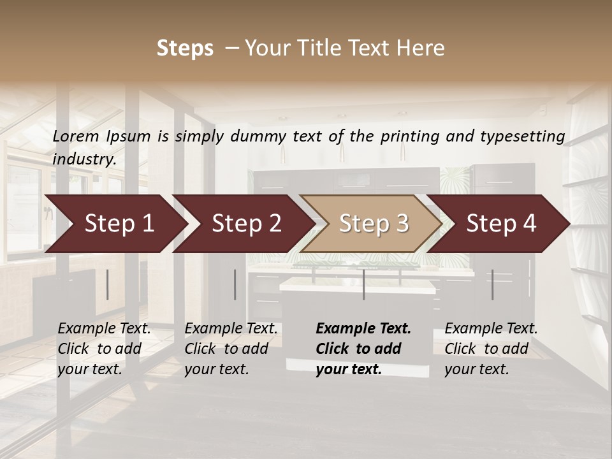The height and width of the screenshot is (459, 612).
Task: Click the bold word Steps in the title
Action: point(185,48)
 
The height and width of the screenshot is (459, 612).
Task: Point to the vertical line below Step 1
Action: point(107,284)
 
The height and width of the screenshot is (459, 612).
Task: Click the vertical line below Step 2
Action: point(235,284)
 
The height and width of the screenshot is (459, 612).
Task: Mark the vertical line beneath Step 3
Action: point(363,284)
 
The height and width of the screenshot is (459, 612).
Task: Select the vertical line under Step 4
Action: point(492,284)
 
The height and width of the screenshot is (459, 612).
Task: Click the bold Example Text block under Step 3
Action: point(363,349)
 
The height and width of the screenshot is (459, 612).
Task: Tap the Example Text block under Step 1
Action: point(104,349)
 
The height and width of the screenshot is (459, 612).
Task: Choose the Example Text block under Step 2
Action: point(231,349)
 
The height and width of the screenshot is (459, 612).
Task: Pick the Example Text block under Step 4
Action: point(491,349)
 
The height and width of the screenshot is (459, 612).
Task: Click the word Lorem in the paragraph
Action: point(76,136)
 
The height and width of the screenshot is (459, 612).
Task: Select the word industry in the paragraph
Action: point(84,159)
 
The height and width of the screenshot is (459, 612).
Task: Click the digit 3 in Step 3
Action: point(402,224)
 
